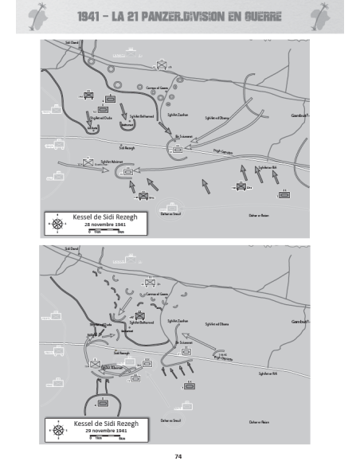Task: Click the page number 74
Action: [179, 455]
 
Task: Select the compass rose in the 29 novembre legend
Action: [57, 430]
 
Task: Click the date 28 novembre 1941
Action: [106, 224]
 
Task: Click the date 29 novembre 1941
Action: [106, 431]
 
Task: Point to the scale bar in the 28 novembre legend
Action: [106, 230]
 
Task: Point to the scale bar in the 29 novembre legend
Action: [106, 437]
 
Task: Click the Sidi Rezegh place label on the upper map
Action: [127, 147]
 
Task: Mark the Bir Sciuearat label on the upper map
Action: [184, 136]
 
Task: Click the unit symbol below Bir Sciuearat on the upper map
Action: [178, 147]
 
